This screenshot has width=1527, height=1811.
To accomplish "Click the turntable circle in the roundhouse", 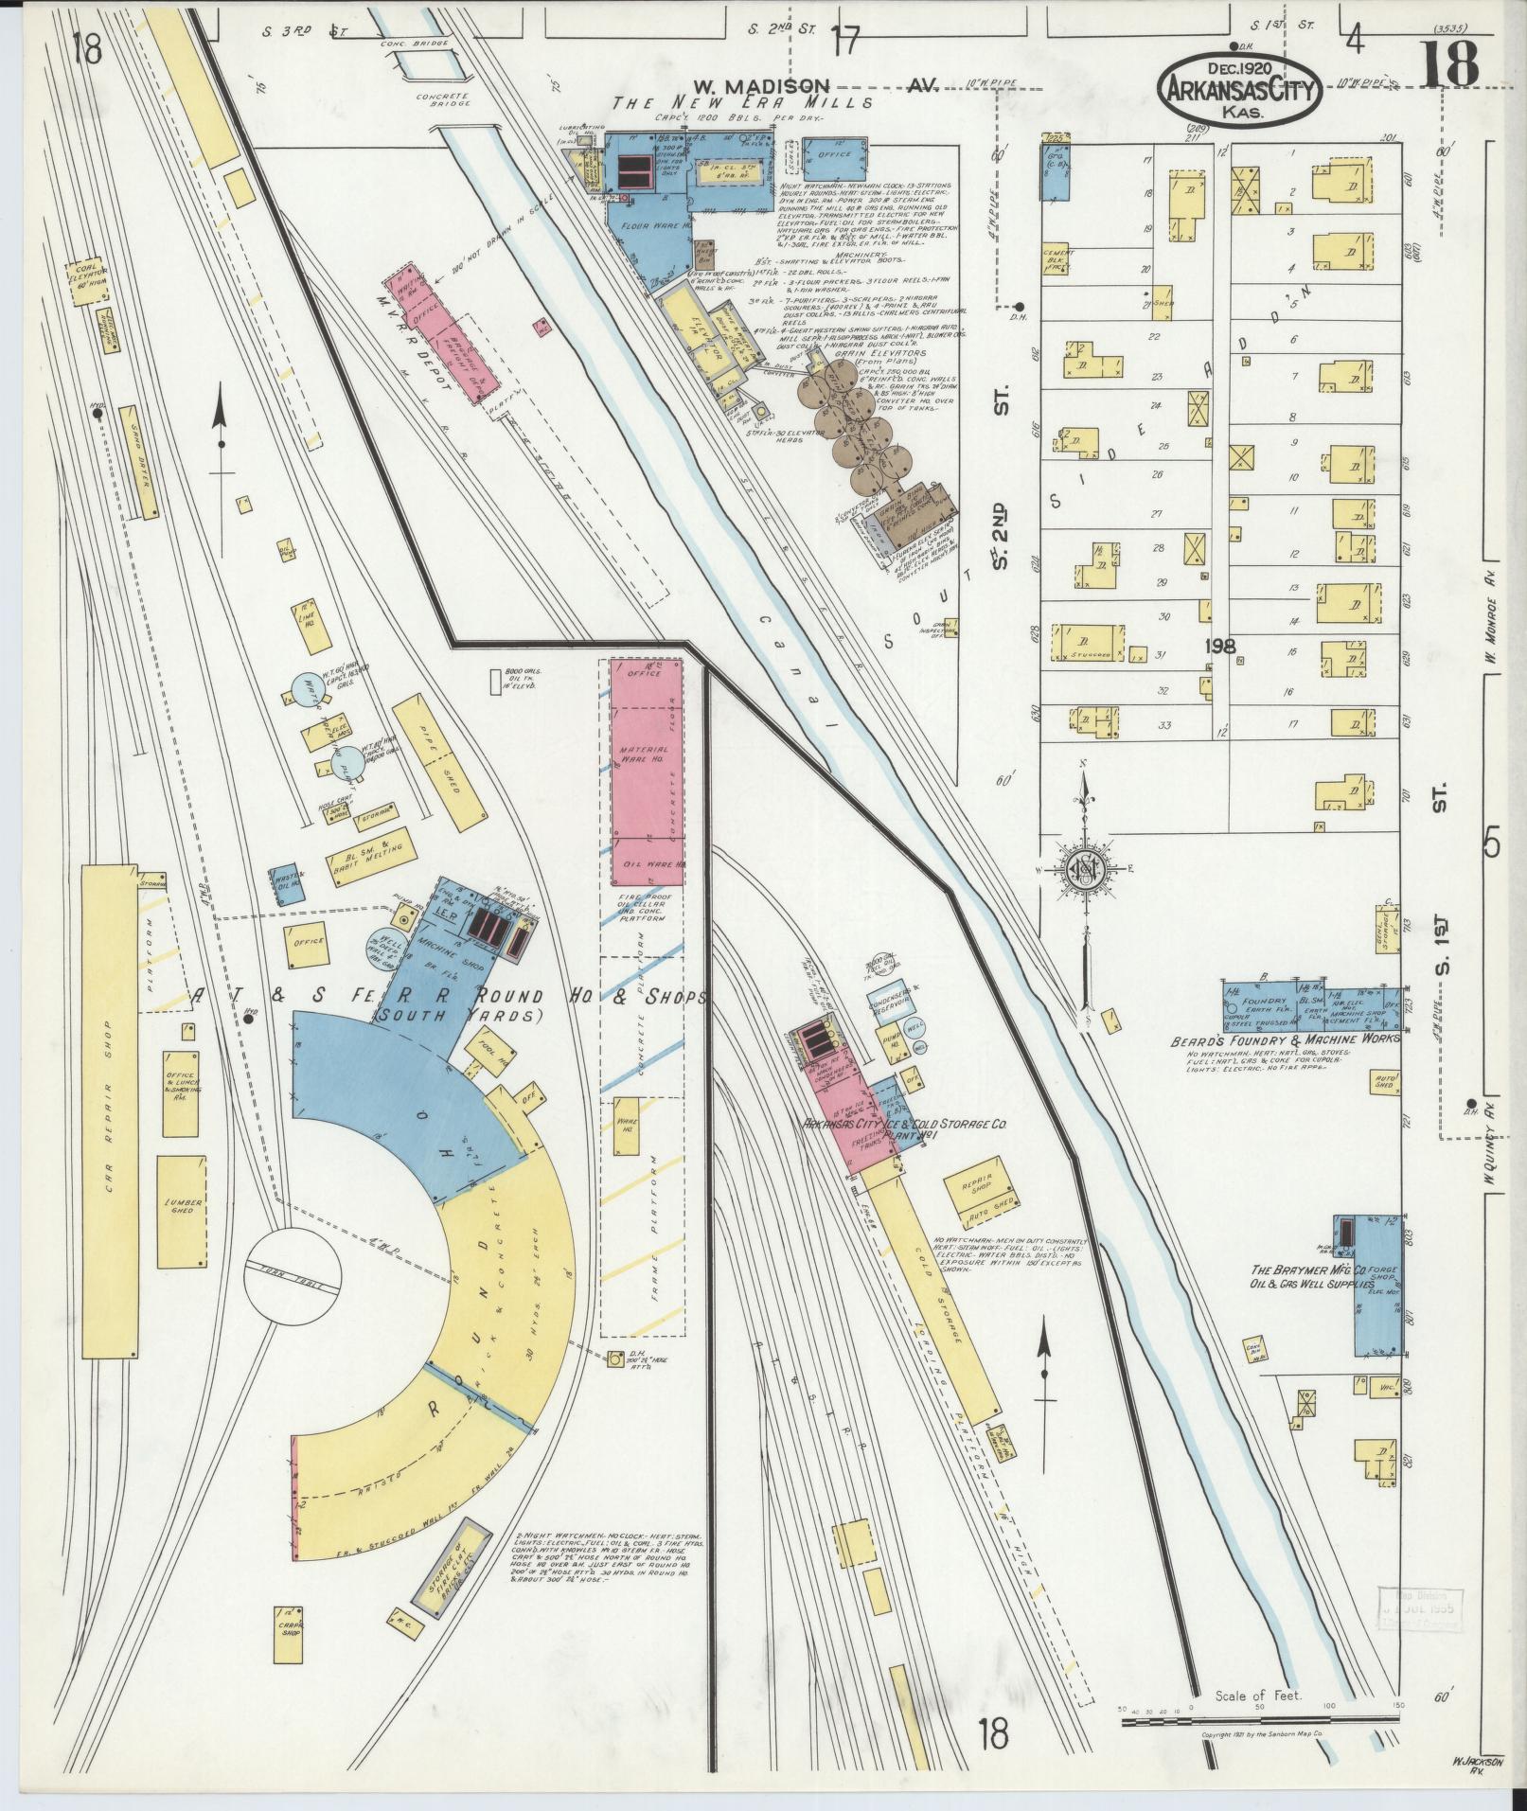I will pos(291,1271).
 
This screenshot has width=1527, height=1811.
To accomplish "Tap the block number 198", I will pos(1220,647).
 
